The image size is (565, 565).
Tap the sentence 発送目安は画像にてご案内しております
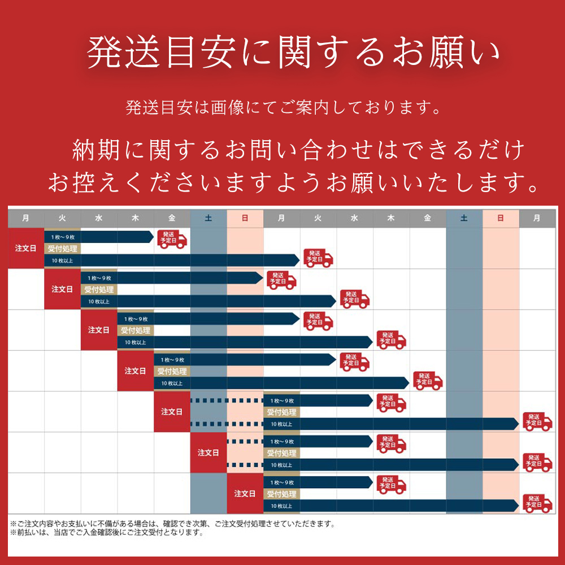pos(282,107)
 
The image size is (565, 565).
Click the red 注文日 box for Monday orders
pos(26,248)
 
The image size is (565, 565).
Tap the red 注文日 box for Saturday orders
pos(208,453)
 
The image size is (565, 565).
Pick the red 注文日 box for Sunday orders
pos(245,493)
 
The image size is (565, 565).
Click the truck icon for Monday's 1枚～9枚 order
pos(172,239)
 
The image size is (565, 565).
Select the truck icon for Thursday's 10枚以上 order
pos(428,381)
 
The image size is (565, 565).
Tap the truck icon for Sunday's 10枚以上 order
pos(537,503)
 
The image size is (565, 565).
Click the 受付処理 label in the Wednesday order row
pos(134,330)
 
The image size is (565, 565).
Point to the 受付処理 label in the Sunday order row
pos(281,493)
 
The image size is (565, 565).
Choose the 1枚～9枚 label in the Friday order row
pos(282,401)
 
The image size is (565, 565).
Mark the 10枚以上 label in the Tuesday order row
pos(99,302)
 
